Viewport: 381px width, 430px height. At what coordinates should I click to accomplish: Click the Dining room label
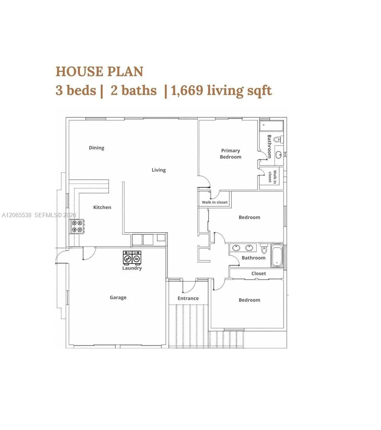97,148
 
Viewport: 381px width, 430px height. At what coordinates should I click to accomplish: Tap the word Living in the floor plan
158,170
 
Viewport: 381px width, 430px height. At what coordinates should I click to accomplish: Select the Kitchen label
102,207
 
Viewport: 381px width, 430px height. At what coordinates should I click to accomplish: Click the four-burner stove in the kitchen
78,226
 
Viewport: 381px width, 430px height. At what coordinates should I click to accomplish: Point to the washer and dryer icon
132,258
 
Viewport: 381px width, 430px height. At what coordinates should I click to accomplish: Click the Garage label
118,297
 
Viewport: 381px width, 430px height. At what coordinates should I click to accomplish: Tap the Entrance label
188,298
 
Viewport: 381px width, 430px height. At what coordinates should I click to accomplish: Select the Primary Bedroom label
230,154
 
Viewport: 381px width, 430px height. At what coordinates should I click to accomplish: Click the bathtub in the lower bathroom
277,255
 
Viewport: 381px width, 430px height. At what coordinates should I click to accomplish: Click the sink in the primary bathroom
279,154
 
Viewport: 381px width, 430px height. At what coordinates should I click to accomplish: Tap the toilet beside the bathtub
264,249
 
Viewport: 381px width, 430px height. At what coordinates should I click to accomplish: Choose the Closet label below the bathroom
259,273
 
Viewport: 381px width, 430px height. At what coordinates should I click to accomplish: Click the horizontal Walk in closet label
215,202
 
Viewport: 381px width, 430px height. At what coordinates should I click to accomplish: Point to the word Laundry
132,268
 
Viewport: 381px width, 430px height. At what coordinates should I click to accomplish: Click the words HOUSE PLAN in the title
99,71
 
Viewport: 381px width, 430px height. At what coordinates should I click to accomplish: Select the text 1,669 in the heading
187,90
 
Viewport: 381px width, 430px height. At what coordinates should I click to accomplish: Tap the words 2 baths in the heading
133,90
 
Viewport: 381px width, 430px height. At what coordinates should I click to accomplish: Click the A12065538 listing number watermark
16,215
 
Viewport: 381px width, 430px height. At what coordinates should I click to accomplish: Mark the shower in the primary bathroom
272,126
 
